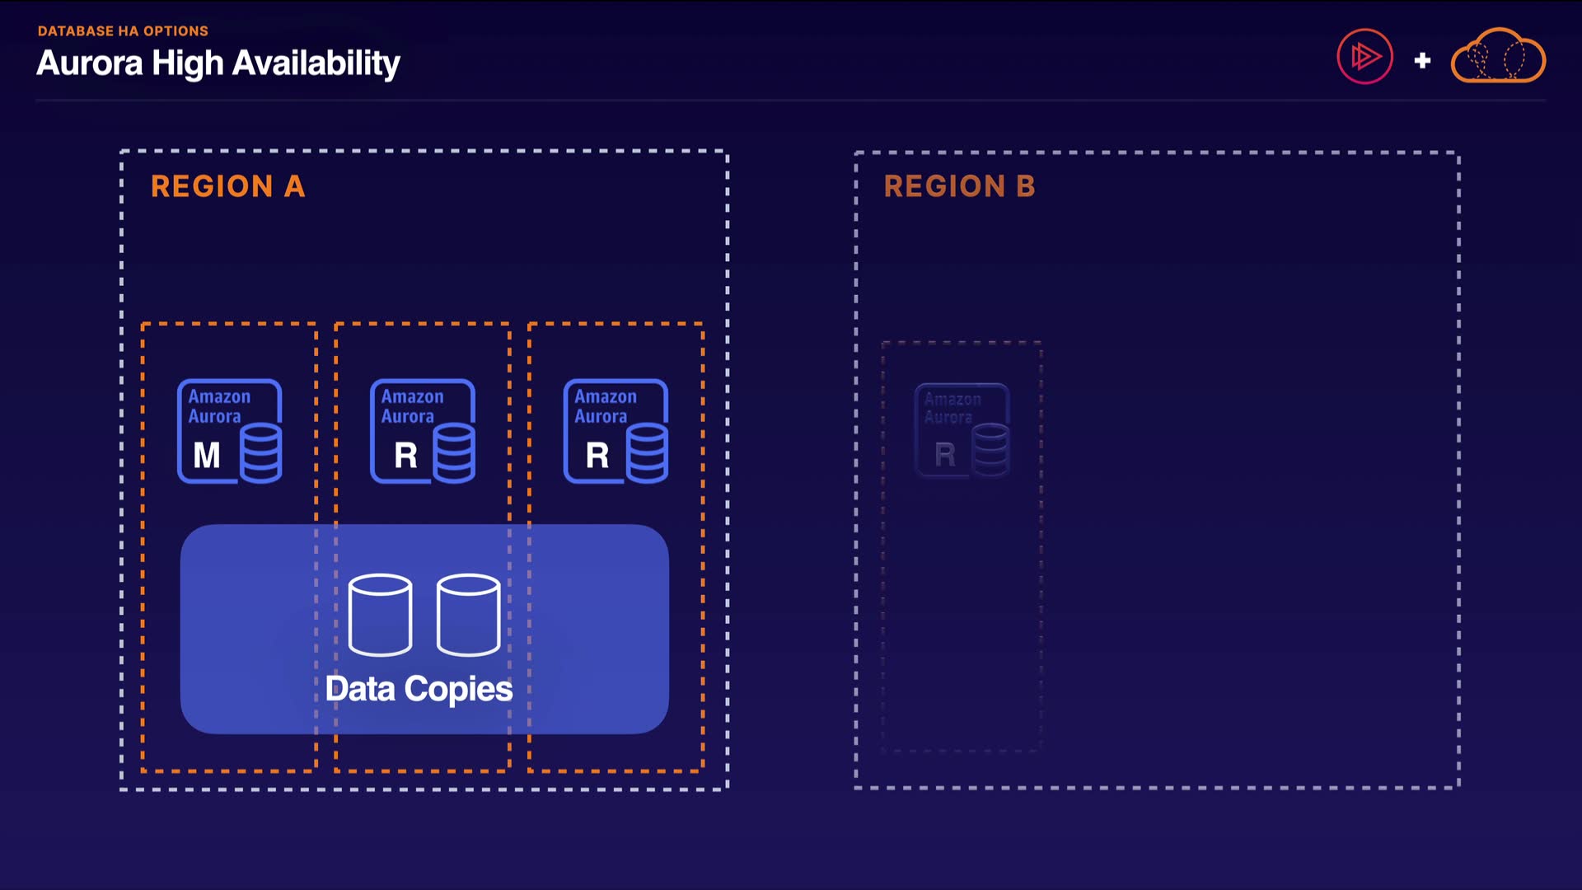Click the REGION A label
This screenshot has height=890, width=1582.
[227, 186]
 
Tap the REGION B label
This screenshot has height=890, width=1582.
[959, 186]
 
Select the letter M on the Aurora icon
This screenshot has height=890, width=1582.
[207, 455]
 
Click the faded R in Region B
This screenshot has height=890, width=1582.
[945, 454]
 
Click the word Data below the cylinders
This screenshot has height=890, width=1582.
[360, 689]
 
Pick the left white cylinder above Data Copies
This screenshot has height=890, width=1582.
[380, 615]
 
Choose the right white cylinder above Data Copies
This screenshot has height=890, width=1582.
[468, 615]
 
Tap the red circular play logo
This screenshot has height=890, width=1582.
[1364, 57]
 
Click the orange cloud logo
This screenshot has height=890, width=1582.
[1498, 57]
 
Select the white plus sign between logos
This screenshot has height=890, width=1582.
[1422, 60]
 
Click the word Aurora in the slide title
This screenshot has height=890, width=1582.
[90, 63]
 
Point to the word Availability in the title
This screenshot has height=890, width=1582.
[316, 63]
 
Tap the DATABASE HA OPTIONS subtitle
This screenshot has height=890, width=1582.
[123, 31]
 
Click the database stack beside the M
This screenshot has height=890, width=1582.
[260, 452]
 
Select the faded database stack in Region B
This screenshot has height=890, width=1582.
[990, 450]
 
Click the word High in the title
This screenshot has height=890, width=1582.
[188, 63]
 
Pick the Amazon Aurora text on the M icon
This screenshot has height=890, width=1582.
[218, 406]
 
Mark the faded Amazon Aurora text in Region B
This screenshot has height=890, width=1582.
[952, 408]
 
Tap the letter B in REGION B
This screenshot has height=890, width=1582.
[1026, 186]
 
